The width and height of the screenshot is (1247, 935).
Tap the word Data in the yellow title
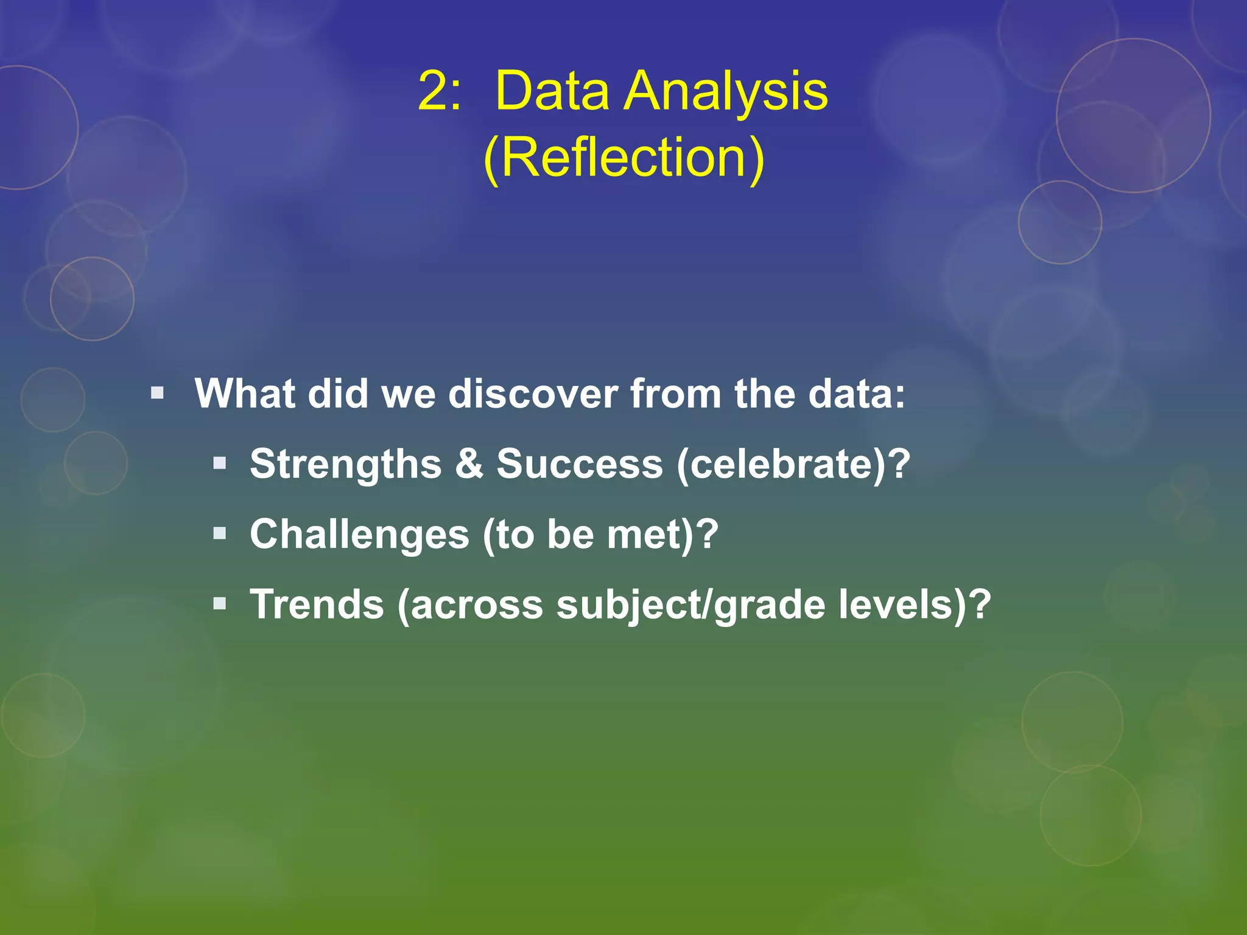552,91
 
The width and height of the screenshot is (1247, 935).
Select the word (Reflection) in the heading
623,158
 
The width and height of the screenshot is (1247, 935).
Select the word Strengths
345,464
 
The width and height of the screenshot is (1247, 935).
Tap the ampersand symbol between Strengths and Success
469,464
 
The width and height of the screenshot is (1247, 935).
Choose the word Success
579,464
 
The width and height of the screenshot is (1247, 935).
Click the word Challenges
359,534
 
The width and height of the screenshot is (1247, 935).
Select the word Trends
317,604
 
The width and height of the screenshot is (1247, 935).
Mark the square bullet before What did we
158,393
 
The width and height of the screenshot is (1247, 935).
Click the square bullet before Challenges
220,534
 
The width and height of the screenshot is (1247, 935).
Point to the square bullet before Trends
220,604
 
